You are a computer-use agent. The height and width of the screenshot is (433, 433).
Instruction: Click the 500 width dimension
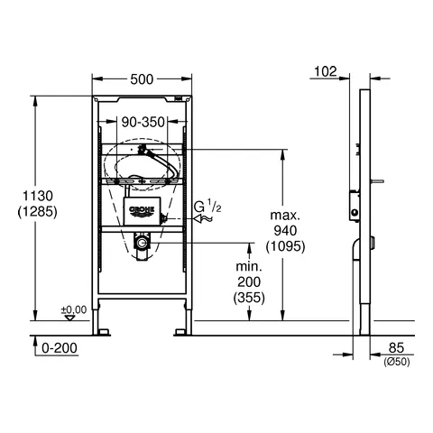142,79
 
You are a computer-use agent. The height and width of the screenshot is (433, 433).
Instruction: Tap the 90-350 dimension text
143,123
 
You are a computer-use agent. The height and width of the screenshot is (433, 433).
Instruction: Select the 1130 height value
38,196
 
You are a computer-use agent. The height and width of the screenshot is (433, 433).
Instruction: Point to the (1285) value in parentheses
37,212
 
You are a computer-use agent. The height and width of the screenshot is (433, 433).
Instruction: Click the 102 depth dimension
326,71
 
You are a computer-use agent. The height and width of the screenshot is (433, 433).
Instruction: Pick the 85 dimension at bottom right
396,348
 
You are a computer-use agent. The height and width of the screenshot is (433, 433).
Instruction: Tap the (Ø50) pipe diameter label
397,362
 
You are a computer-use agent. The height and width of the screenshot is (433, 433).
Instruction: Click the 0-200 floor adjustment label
60,348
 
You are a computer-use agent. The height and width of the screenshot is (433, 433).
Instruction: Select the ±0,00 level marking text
74,309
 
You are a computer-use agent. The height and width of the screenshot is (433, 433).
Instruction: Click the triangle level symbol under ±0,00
70,318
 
